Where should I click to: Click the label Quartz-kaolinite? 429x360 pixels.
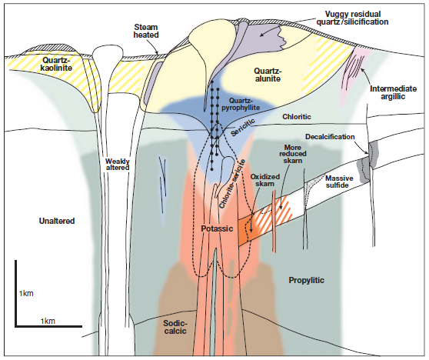[57, 64]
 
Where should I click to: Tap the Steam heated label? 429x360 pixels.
[146, 31]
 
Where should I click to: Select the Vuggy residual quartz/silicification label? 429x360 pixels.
[352, 18]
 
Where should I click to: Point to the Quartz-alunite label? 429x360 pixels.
[268, 75]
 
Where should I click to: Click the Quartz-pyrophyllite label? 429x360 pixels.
[241, 104]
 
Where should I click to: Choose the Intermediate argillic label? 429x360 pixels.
[393, 92]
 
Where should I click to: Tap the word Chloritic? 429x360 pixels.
[297, 117]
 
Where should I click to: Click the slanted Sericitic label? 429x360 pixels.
[243, 127]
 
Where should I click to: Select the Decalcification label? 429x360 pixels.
[330, 137]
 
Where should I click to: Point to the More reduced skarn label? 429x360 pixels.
[293, 154]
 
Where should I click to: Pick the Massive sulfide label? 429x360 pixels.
[339, 182]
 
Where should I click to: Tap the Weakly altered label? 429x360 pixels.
[118, 165]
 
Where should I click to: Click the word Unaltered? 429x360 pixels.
[57, 221]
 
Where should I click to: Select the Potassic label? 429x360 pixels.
[217, 228]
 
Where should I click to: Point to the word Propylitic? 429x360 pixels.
[307, 280]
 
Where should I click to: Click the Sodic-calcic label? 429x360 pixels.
[175, 327]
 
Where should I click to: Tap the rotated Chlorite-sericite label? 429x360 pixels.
[232, 184]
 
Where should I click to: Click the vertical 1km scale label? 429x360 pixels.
[26, 294]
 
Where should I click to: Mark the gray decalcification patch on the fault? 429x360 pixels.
[367, 165]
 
